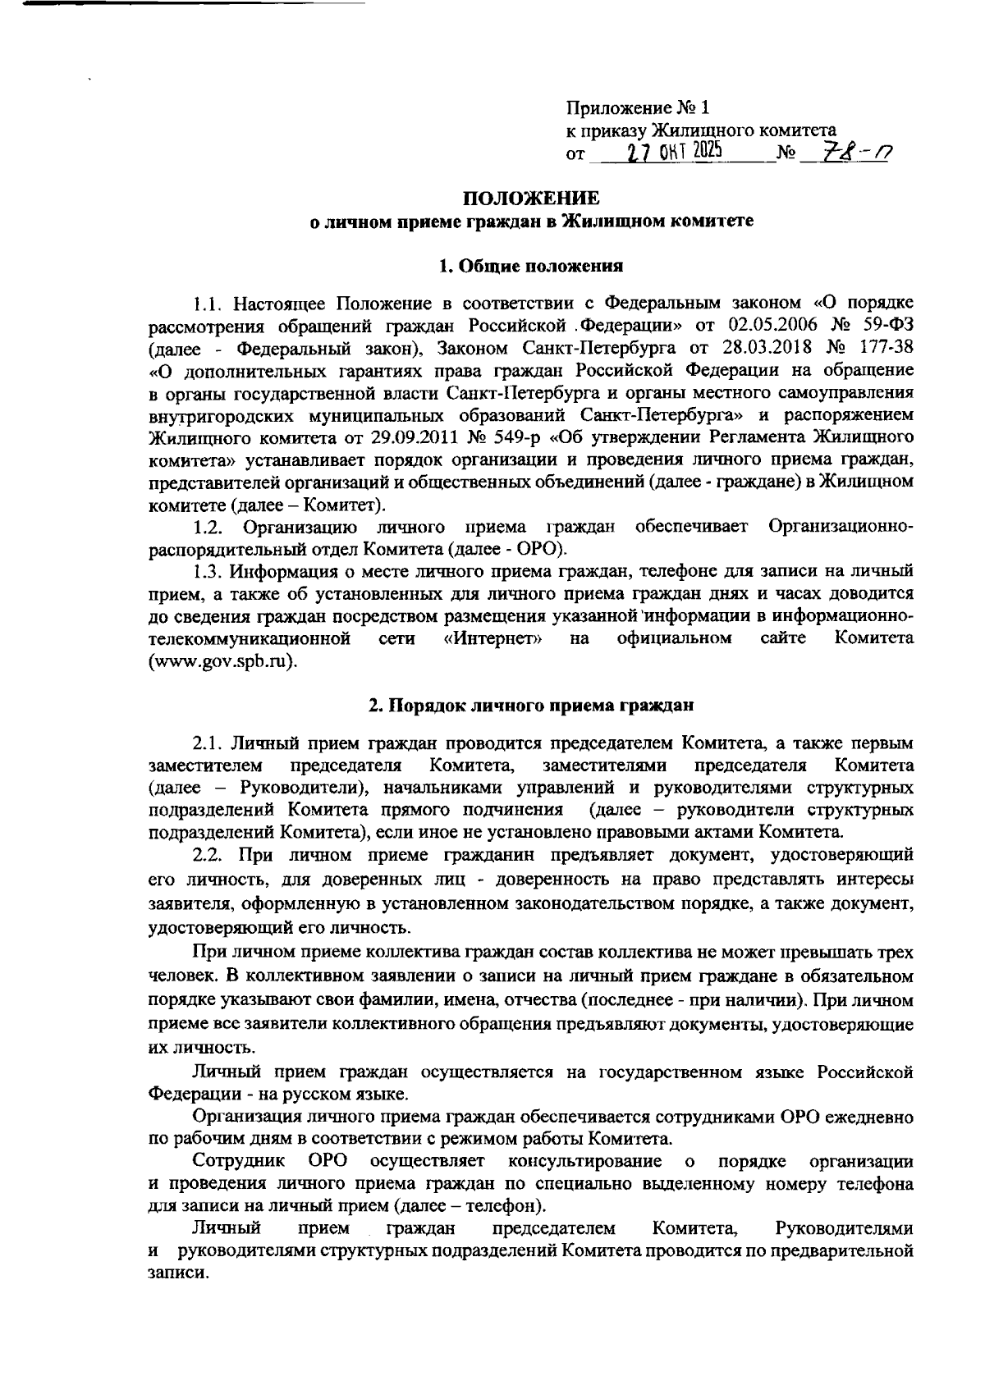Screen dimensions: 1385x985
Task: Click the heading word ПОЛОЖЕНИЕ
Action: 531,199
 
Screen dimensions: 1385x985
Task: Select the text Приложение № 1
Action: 636,108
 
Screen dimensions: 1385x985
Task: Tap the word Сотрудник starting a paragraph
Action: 238,1161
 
